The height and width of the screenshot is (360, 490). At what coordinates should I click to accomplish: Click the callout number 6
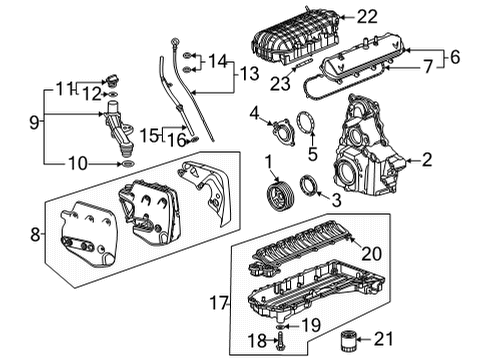(455, 58)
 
